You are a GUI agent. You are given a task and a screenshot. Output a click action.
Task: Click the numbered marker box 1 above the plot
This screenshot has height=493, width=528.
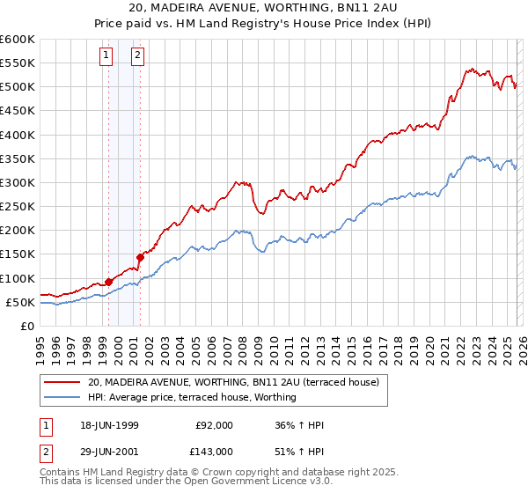[106, 55]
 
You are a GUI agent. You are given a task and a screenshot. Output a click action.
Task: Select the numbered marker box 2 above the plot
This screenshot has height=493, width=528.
[138, 55]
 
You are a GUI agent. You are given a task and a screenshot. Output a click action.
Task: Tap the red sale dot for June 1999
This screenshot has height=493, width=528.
[109, 282]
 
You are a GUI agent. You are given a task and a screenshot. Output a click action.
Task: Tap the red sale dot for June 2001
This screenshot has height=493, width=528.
[140, 257]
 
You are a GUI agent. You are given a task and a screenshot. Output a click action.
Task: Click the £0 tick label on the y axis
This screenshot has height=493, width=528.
[26, 326]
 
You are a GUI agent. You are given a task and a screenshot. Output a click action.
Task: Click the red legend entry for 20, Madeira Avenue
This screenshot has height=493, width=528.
[233, 382]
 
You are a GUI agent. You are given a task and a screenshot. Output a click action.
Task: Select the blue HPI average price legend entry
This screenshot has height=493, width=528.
[192, 397]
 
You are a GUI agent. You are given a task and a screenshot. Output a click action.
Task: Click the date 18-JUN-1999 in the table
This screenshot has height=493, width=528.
[107, 425]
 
